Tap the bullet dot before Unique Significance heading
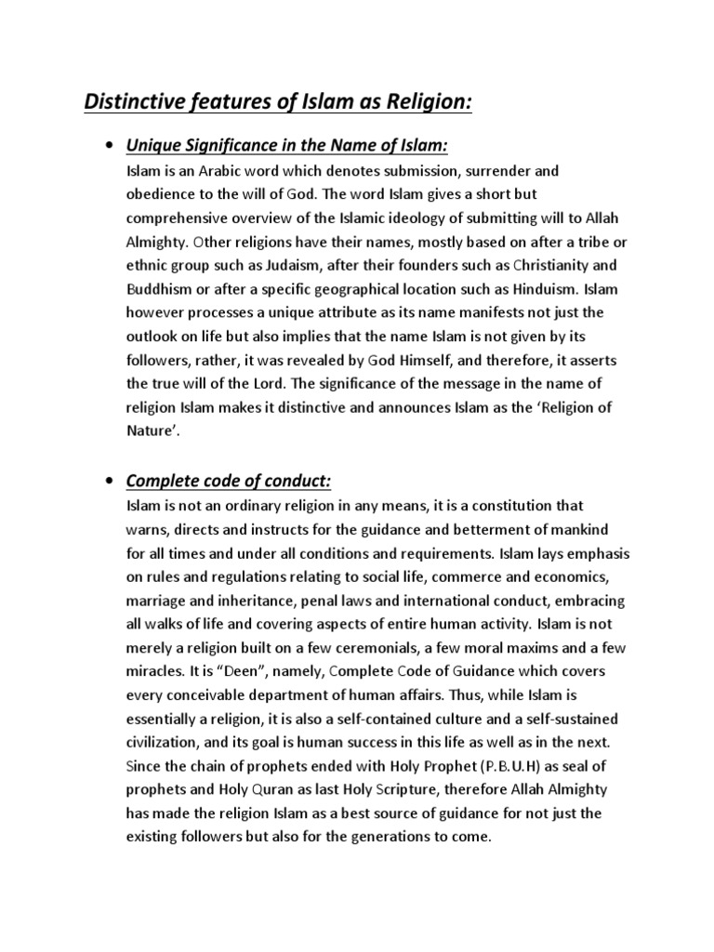click(111, 147)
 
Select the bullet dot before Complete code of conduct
click(111, 481)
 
